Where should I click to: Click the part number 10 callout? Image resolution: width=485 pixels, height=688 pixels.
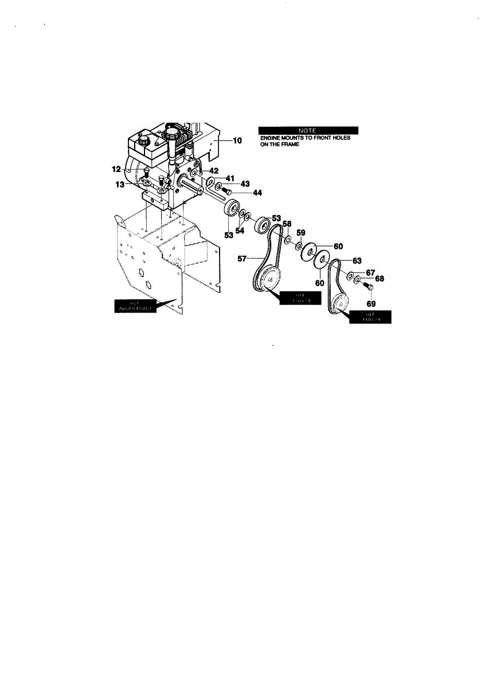coord(237,140)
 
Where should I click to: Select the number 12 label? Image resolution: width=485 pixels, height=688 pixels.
coord(116,169)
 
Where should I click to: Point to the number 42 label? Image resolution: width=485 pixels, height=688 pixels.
coord(213,171)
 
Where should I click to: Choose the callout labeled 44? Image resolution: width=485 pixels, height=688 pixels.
coord(257,193)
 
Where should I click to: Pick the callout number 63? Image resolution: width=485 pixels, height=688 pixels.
coord(357,260)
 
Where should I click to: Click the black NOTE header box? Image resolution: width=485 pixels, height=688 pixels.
coord(308,130)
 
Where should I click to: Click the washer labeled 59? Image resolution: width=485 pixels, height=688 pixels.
coord(299,245)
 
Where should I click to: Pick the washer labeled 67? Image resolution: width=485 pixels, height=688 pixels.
coord(350,276)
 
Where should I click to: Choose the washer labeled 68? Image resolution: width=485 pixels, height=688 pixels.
coord(357,280)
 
